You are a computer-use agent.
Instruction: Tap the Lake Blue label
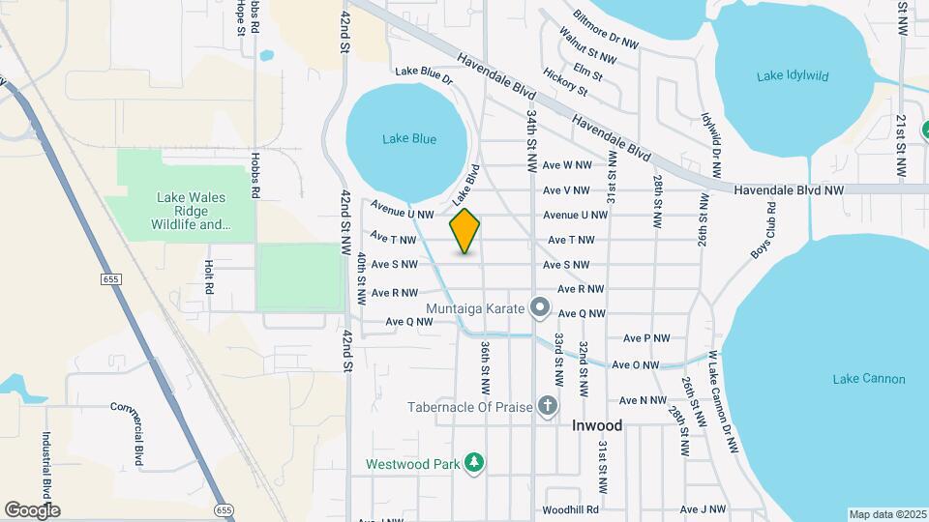(x=408, y=139)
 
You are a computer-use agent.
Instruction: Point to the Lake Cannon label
(x=869, y=378)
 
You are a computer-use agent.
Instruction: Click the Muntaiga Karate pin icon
(x=541, y=309)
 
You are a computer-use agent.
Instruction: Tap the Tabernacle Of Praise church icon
(x=547, y=406)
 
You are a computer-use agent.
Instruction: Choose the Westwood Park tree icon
(x=474, y=463)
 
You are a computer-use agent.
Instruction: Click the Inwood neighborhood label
(x=597, y=425)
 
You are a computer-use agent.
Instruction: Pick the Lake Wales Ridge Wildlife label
(x=191, y=211)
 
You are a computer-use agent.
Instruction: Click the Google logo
(x=32, y=510)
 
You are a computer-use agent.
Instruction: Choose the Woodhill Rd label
(x=570, y=509)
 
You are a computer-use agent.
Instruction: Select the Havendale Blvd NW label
(x=789, y=190)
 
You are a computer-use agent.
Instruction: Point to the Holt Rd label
(x=208, y=276)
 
